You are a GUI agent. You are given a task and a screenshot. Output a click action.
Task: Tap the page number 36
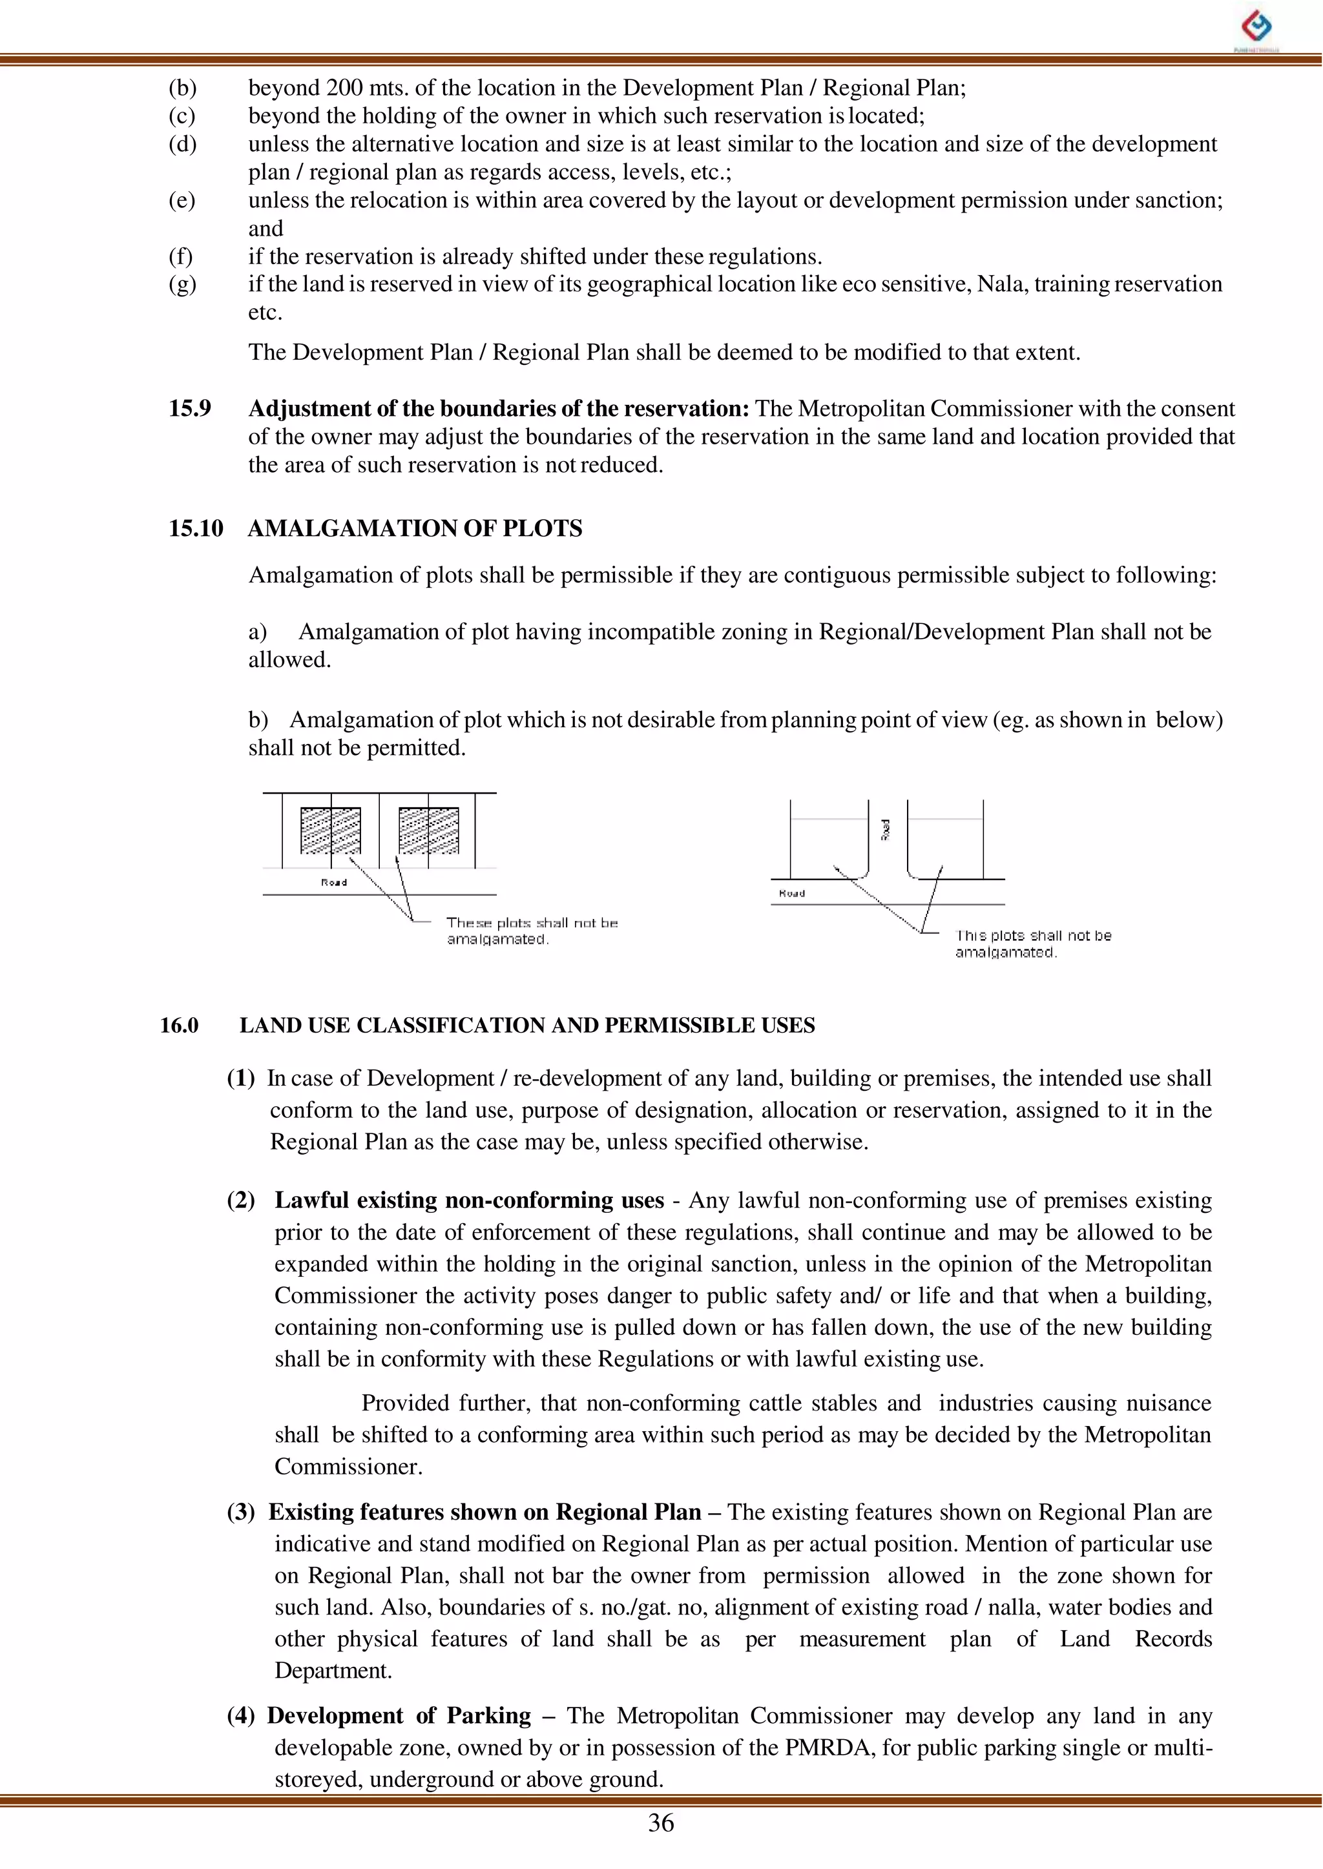coord(661,1823)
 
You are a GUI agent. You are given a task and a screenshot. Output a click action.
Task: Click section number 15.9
coord(190,408)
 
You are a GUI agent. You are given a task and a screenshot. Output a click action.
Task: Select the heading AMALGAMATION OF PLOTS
coord(415,528)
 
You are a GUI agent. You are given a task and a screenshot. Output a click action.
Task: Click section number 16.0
coord(179,1026)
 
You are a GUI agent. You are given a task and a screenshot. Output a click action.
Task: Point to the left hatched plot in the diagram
coord(331,830)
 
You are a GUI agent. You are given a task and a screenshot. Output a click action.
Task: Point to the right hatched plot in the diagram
coord(428,830)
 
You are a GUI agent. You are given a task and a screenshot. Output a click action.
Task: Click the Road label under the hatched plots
coord(334,882)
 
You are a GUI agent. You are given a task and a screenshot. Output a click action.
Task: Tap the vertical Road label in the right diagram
coord(885,830)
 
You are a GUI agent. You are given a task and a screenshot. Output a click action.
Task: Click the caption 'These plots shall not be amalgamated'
coord(531,931)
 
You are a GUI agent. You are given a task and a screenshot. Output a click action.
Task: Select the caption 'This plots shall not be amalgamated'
coord(1032,944)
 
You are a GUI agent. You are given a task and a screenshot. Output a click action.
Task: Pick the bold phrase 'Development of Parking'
coord(399,1716)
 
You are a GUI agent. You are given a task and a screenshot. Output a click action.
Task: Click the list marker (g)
coord(182,284)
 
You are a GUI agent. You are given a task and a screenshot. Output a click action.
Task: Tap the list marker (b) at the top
coord(182,88)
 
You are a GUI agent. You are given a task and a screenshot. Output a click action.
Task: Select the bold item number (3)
coord(240,1513)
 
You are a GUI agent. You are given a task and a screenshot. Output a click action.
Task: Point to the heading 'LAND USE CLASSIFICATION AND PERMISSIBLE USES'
coord(526,1026)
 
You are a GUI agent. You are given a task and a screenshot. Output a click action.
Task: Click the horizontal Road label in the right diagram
coord(792,893)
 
